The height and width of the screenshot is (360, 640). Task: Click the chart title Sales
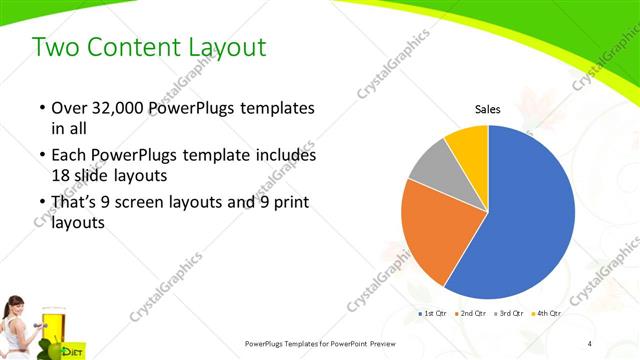[487, 110]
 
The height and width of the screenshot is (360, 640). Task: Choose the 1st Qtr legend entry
[433, 314]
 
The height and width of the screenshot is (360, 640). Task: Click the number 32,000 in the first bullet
[111, 108]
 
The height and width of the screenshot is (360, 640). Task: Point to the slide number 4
[589, 344]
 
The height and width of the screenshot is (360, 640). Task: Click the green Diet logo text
[72, 351]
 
